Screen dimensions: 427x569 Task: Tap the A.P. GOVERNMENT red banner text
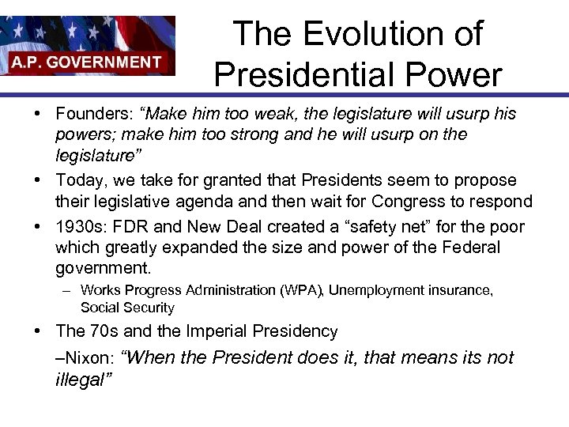(87, 62)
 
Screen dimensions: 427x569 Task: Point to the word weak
(285, 114)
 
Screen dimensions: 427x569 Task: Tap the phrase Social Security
(127, 308)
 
